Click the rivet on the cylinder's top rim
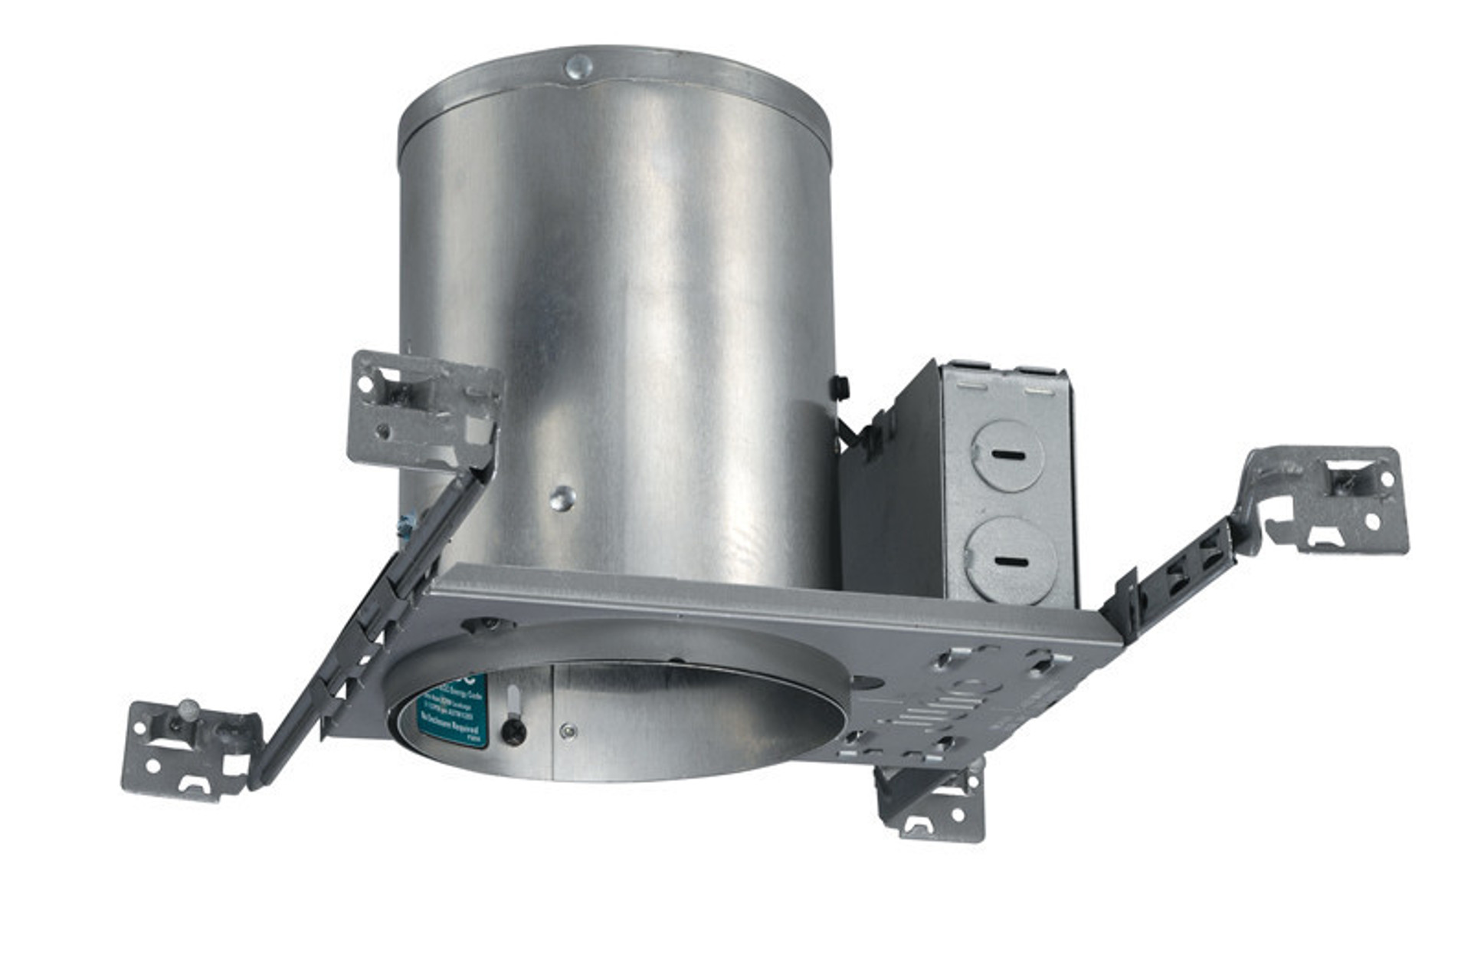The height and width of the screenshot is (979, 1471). (578, 67)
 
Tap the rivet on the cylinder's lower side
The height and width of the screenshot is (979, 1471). (562, 499)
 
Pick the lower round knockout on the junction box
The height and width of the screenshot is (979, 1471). (1011, 560)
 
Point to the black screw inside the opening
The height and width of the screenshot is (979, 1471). (513, 731)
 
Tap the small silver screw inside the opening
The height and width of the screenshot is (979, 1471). (568, 731)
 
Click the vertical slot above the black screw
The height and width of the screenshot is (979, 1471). (513, 700)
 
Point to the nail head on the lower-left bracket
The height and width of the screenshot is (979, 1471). (188, 708)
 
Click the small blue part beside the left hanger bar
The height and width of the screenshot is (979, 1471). (405, 525)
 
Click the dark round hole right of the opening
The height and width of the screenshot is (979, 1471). (867, 681)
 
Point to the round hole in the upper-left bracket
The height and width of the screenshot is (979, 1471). (365, 382)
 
